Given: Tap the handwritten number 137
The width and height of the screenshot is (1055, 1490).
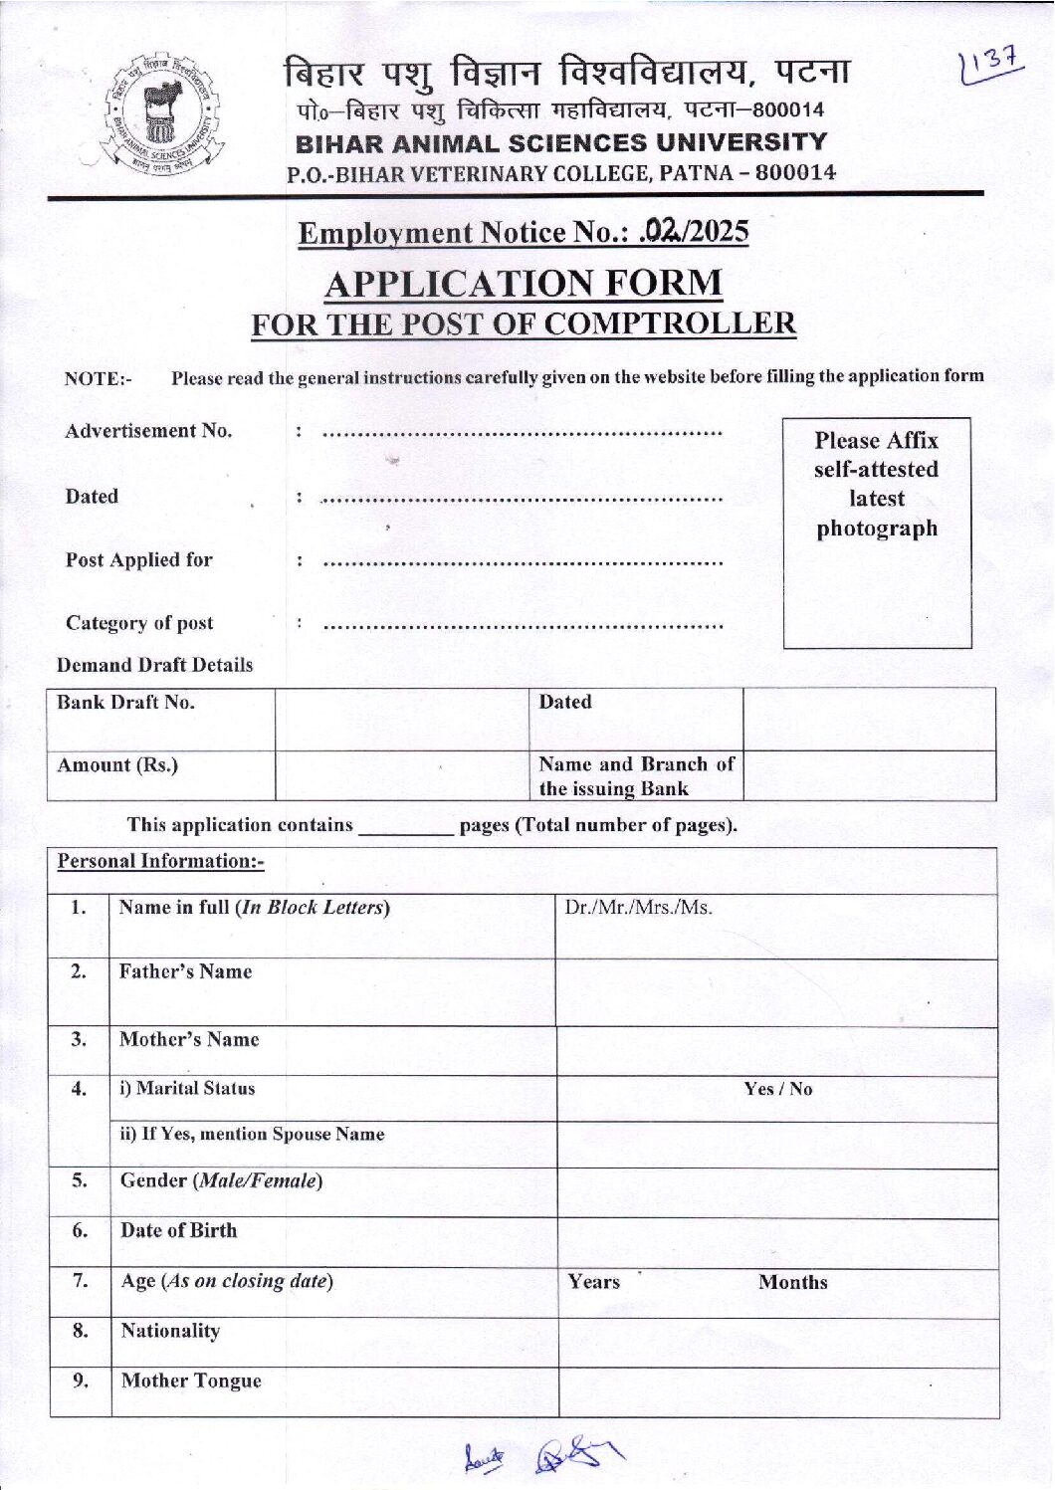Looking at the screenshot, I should pos(990,66).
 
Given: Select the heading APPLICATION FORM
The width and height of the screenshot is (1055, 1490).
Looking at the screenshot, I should pos(524,284).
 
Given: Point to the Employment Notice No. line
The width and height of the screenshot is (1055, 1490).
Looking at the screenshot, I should pos(524,232).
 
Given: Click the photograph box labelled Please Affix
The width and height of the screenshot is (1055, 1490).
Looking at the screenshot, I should pos(876,532).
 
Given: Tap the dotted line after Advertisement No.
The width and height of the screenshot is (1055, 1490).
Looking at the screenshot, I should pos(523,434).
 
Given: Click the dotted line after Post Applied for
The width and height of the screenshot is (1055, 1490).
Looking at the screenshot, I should pos(523,563).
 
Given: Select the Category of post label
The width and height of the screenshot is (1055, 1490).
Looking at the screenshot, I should pos(139,623).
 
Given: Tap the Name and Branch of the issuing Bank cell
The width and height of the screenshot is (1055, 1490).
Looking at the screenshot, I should pos(637,776).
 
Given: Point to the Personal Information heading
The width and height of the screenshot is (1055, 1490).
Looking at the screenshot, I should pos(160,861).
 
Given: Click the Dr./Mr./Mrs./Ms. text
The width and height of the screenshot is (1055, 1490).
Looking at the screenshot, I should pos(638,908).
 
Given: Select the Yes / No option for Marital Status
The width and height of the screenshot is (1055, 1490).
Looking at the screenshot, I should pos(777,1089).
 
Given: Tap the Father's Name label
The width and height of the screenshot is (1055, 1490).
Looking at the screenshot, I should pos(185,971).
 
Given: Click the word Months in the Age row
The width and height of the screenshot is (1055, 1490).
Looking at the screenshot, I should pos(792,1282).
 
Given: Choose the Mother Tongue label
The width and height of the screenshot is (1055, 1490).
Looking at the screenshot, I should pos(191,1381).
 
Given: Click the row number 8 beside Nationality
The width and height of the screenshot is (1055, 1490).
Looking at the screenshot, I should pos(80,1331).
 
